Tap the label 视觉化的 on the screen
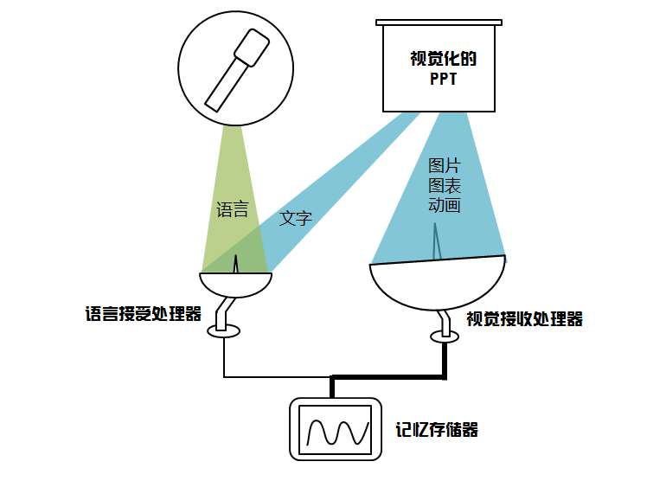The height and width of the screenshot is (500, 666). (x=444, y=61)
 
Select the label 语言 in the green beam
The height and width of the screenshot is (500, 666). (x=232, y=209)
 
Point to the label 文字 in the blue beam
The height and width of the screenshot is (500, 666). (x=295, y=218)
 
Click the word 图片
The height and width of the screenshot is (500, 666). (x=444, y=165)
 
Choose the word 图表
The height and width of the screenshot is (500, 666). (x=444, y=185)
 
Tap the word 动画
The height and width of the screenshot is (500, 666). (x=444, y=205)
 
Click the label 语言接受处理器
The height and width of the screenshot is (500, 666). (x=144, y=313)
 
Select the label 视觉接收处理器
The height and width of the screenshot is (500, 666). (x=524, y=318)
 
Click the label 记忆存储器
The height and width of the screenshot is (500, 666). (x=437, y=429)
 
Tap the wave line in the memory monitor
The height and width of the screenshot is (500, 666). (x=335, y=430)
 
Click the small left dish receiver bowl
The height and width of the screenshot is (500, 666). (x=235, y=285)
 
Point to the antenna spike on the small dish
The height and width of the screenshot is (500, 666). (x=235, y=264)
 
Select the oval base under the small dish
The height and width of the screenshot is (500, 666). (x=224, y=330)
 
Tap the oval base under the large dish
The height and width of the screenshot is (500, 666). (x=445, y=336)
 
